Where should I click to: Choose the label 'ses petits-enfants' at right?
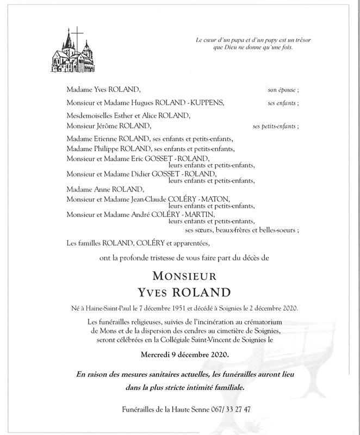coord(276,126)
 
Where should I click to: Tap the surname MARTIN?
coord(201,215)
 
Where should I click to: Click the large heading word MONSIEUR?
coord(179,275)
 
